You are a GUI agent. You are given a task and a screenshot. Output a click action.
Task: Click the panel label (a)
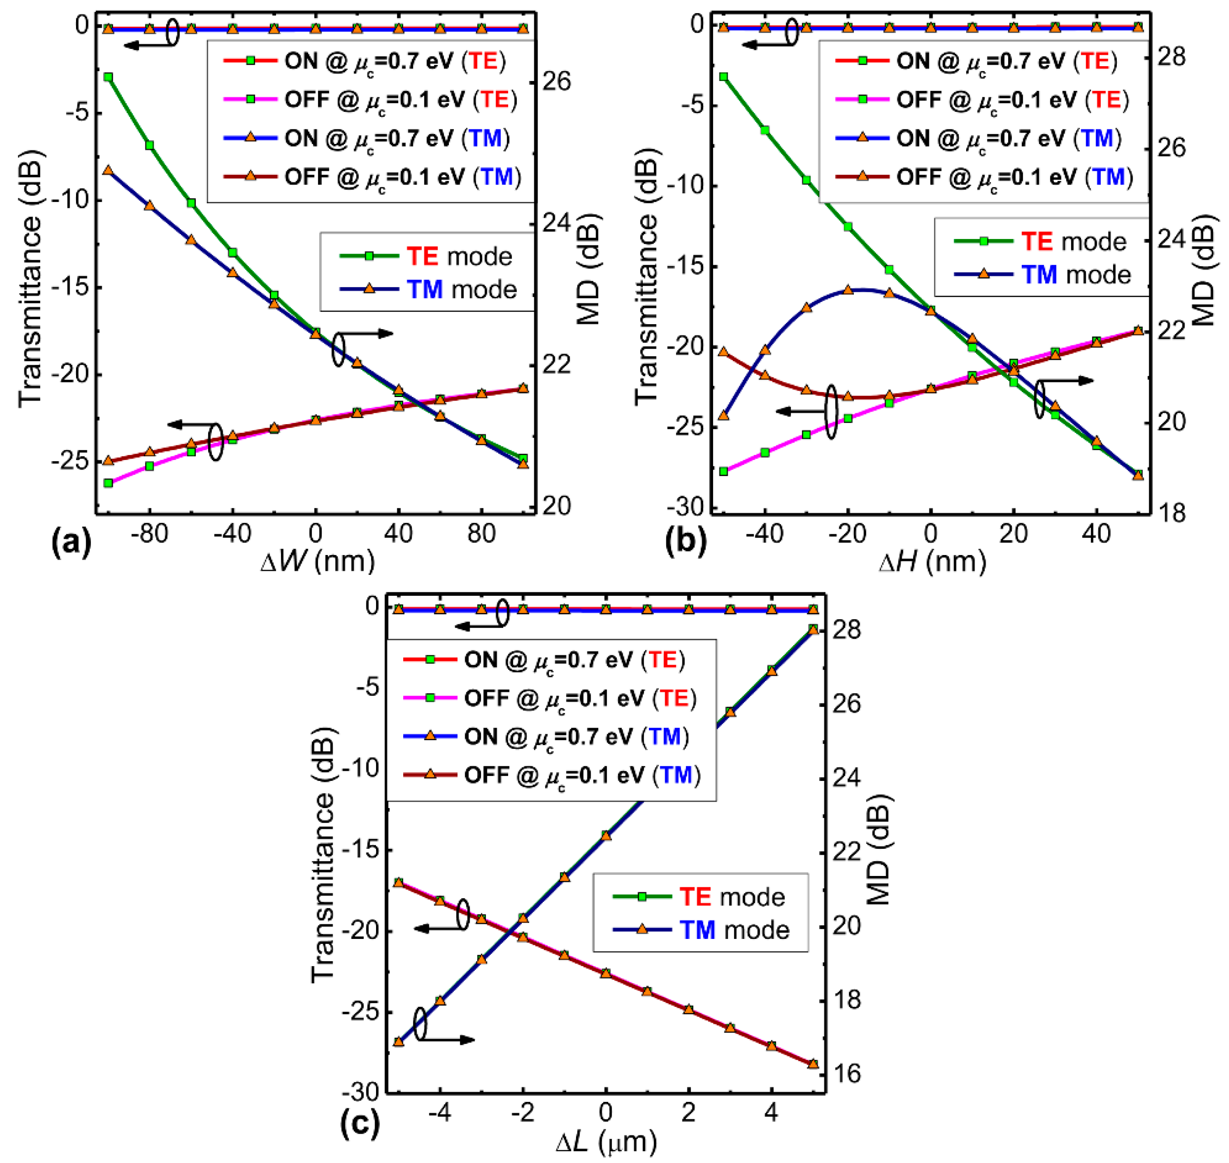click(x=72, y=541)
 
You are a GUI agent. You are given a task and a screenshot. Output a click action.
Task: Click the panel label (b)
click(x=685, y=541)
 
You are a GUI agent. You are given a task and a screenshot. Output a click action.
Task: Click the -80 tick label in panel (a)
click(x=149, y=533)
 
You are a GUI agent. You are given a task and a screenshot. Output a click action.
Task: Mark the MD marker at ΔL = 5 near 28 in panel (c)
click(x=813, y=630)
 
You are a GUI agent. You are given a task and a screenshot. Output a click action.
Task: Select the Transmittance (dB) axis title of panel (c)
click(x=323, y=856)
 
